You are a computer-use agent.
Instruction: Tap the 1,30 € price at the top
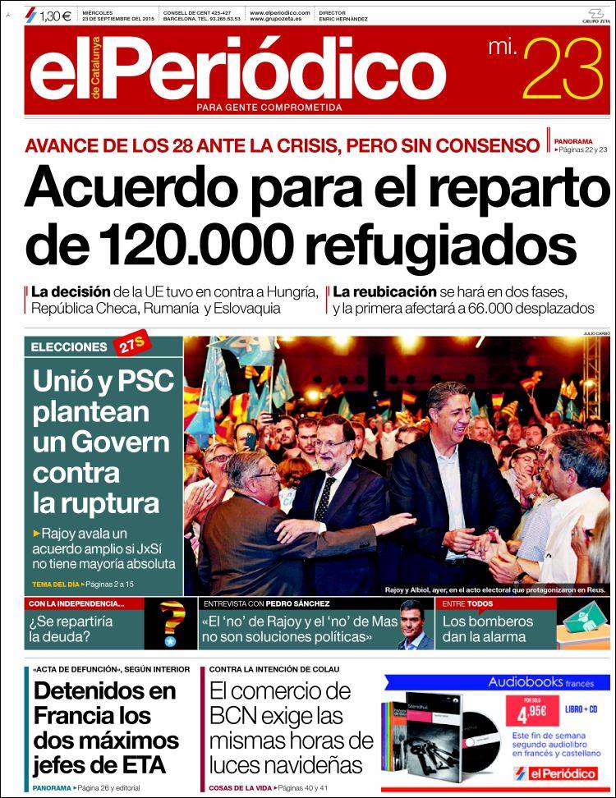(54, 15)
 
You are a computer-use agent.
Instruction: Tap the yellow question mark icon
(171, 625)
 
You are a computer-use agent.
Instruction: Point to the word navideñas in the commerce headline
(315, 764)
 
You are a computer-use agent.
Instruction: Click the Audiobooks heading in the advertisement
(526, 681)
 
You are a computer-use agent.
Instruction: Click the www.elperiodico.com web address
(279, 13)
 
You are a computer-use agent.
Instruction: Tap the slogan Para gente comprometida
(269, 107)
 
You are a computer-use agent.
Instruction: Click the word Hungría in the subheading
(290, 292)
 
